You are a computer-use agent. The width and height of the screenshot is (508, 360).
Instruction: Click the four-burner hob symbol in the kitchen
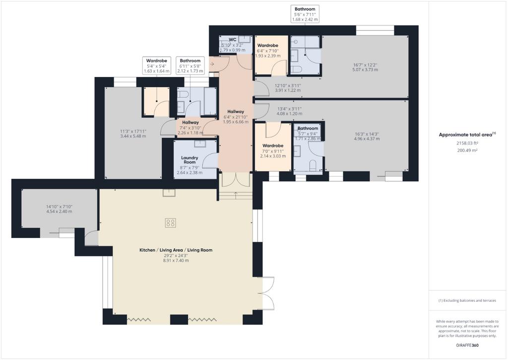coord(171,223)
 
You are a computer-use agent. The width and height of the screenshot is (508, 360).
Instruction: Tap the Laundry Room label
coord(190,160)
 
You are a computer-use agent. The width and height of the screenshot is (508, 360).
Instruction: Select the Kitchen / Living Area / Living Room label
coord(176,250)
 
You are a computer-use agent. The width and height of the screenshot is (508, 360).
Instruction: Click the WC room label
coord(233,40)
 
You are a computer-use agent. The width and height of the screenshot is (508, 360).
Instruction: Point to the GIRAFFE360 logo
coord(467,345)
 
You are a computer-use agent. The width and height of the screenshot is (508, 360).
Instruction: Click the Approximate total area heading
coord(467,135)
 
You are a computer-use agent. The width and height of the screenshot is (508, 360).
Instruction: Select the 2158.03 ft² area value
coord(467,143)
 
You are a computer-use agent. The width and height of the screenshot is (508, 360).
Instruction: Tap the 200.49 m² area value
coord(467,150)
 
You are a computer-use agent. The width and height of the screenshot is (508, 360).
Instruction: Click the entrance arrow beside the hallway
coord(212,64)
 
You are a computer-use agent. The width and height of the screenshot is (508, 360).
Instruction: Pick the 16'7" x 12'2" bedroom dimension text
coord(366,65)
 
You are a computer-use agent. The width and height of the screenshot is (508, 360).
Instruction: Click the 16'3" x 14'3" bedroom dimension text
coord(367,134)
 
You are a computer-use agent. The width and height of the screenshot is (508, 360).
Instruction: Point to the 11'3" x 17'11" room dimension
coord(133,132)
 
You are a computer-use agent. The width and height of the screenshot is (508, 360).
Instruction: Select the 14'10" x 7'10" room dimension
coord(59,207)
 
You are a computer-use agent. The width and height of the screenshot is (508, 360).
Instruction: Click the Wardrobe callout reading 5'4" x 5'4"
coord(156,66)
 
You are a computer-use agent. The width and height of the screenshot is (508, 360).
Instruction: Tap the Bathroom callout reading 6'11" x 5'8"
coord(190,66)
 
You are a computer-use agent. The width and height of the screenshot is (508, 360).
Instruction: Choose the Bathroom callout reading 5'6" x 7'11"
coord(305,14)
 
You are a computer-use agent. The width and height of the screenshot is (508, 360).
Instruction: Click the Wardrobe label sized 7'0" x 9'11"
coord(273,146)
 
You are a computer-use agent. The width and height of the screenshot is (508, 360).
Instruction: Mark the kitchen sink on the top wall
coord(169,193)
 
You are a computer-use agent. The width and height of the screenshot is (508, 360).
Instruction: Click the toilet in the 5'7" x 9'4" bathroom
coord(313,165)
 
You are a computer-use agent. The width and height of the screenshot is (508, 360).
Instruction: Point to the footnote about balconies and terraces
coord(467,300)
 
